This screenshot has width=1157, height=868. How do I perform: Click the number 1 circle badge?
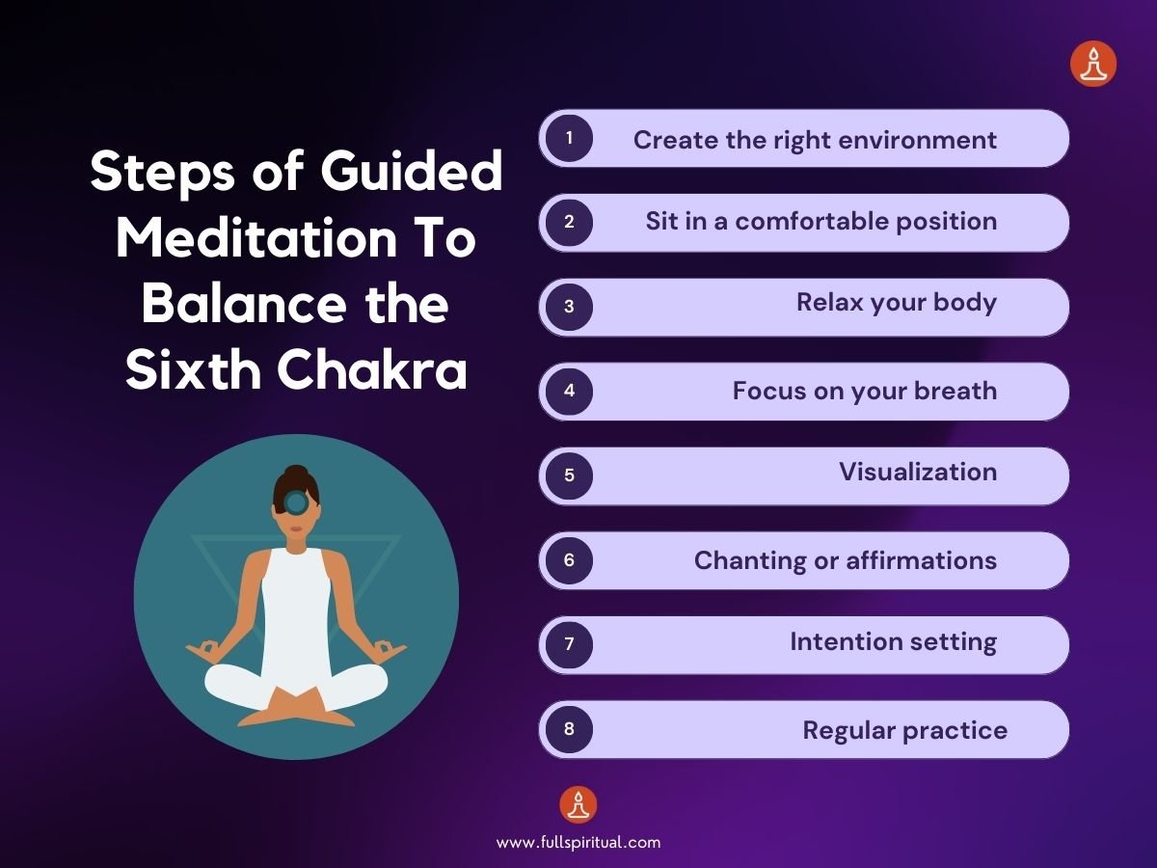tap(569, 138)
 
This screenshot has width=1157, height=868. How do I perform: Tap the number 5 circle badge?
tap(569, 475)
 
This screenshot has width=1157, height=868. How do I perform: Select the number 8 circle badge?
tap(569, 729)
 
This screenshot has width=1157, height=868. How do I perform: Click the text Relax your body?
tap(896, 303)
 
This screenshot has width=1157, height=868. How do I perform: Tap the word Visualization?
tap(917, 472)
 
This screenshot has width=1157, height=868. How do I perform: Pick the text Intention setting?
tap(893, 641)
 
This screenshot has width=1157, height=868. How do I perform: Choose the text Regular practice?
tap(904, 730)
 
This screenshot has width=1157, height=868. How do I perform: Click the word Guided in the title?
tap(415, 174)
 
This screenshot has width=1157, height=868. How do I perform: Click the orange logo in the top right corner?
tap(1093, 65)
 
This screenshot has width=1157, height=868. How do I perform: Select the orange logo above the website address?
tap(578, 804)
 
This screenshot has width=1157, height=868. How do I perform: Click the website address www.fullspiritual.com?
tap(578, 842)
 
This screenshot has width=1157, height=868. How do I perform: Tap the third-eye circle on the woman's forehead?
tap(296, 502)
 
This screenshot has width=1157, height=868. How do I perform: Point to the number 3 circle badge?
tap(569, 307)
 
